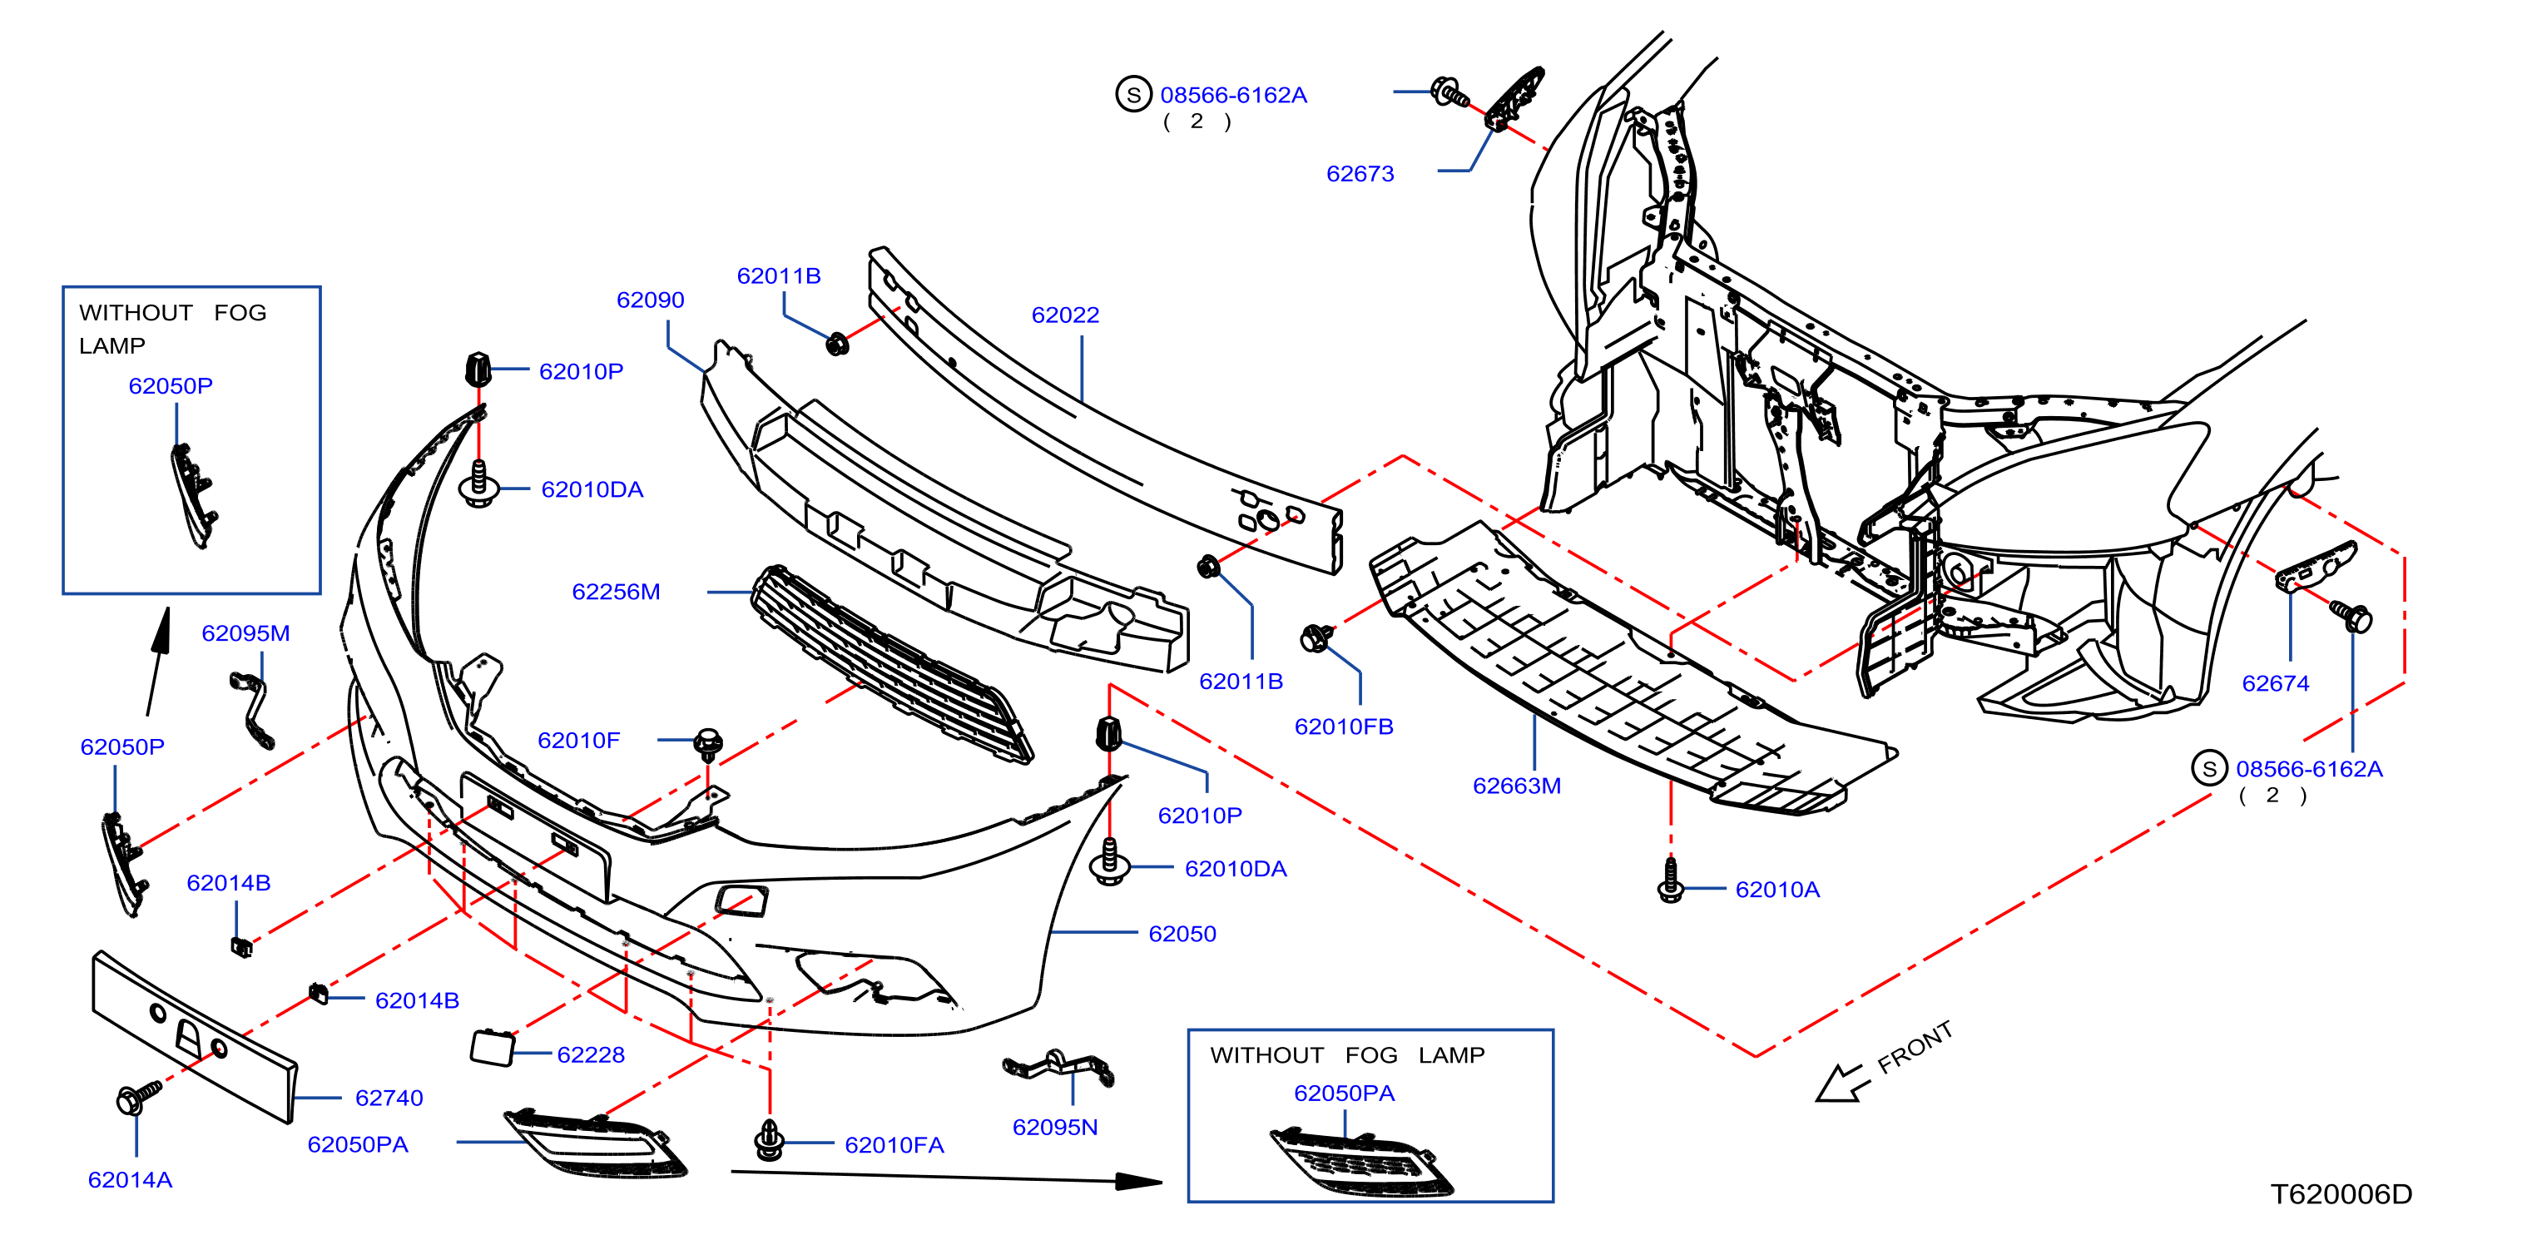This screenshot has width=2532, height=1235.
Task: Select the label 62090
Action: point(650,300)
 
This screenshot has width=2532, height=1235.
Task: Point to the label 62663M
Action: point(1516,786)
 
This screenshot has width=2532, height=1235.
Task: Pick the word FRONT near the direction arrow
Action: point(1914,1049)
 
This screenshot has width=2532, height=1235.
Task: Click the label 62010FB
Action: point(1343,727)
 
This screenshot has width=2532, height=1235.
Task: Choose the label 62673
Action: point(1360,174)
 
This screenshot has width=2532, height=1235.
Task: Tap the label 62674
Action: point(2275,683)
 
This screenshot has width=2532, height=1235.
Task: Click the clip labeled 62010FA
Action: point(769,1141)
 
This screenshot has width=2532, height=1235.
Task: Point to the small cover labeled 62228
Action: point(493,1047)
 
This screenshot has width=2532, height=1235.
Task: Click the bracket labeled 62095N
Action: point(1058,1068)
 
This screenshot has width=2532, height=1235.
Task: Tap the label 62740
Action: point(389,1099)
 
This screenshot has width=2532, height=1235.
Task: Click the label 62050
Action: point(1182,934)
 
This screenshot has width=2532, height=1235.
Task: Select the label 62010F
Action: point(578,741)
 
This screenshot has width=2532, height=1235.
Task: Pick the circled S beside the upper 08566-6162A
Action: point(1133,94)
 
